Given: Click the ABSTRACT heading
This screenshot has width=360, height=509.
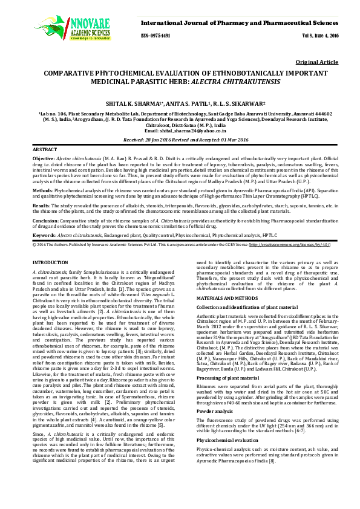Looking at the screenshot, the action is (x=45, y=149).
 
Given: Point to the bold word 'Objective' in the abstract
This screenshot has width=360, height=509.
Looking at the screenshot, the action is (x=44, y=157).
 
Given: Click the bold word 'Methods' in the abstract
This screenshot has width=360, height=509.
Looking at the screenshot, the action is (x=42, y=189).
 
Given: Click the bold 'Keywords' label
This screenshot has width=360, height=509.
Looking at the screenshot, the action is (x=44, y=235).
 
